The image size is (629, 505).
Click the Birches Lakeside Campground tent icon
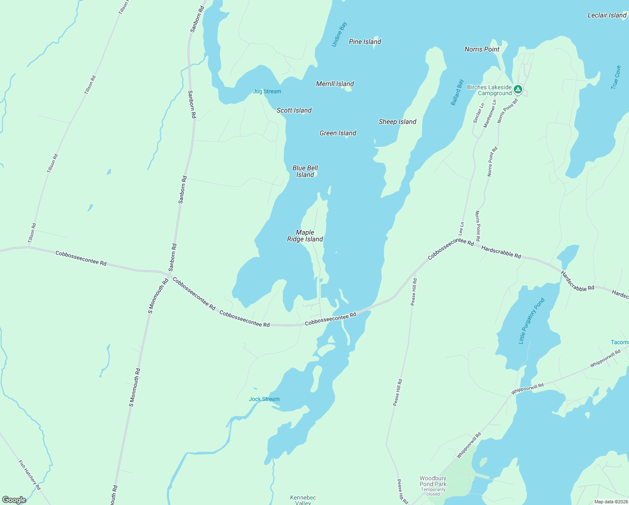tap(518, 89)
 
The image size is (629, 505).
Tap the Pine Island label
tap(365, 42)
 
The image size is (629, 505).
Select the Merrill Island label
tap(335, 84)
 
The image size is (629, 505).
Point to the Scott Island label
tap(294, 110)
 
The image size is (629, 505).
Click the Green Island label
tap(338, 133)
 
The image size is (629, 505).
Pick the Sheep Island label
tap(397, 122)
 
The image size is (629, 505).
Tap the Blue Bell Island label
tap(305, 171)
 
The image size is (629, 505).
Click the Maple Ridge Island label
tap(305, 236)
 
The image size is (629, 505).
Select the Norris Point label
tap(482, 49)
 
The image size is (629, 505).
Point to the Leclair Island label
tap(607, 15)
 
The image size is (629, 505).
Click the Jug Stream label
tap(267, 91)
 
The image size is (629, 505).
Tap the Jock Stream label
tap(264, 399)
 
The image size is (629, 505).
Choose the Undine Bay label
tap(339, 35)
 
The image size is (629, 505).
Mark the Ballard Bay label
tap(457, 92)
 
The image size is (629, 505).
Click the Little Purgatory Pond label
tap(531, 321)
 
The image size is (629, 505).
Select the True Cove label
tap(616, 77)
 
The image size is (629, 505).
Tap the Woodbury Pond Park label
tap(433, 481)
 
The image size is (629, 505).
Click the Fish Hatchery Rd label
tap(29, 475)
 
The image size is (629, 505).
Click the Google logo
tap(14, 500)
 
